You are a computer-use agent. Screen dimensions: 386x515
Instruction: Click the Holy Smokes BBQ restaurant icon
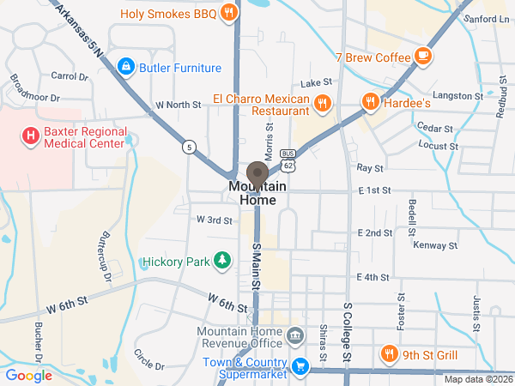click(228, 12)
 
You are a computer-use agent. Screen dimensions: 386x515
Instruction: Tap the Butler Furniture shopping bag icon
click(125, 67)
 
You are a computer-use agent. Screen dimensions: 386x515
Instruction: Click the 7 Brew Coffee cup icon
click(422, 57)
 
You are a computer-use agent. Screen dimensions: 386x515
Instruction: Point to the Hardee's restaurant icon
click(371, 102)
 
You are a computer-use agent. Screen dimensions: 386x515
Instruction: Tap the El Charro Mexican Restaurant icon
click(323, 104)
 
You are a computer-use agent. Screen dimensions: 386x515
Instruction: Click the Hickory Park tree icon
click(222, 260)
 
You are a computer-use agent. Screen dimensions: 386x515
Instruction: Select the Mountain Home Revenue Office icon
click(295, 335)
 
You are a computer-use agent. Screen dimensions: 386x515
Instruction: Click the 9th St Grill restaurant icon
click(389, 354)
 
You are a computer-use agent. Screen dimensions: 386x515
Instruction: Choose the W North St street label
click(177, 105)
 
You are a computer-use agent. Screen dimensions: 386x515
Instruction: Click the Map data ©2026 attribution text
click(478, 379)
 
